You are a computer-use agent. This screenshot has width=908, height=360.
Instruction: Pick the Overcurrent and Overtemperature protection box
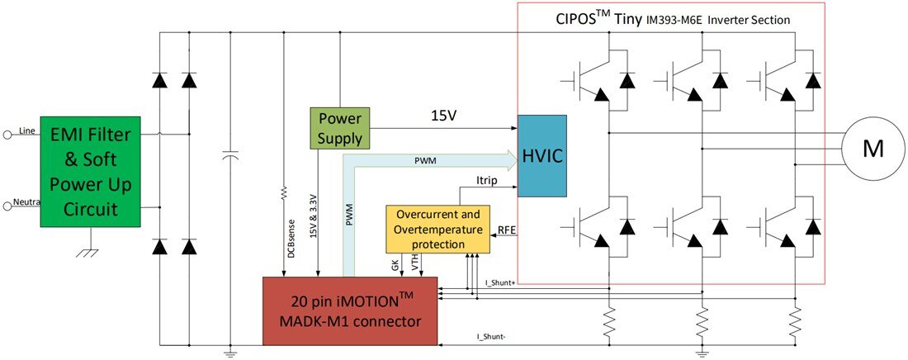(x=434, y=229)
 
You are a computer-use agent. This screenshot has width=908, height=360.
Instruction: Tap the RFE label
(x=507, y=230)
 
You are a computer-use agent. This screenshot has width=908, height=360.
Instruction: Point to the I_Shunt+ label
(x=500, y=283)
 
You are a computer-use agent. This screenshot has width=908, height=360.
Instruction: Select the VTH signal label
(x=415, y=263)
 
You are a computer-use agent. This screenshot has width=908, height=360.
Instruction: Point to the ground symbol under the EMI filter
(x=87, y=249)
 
